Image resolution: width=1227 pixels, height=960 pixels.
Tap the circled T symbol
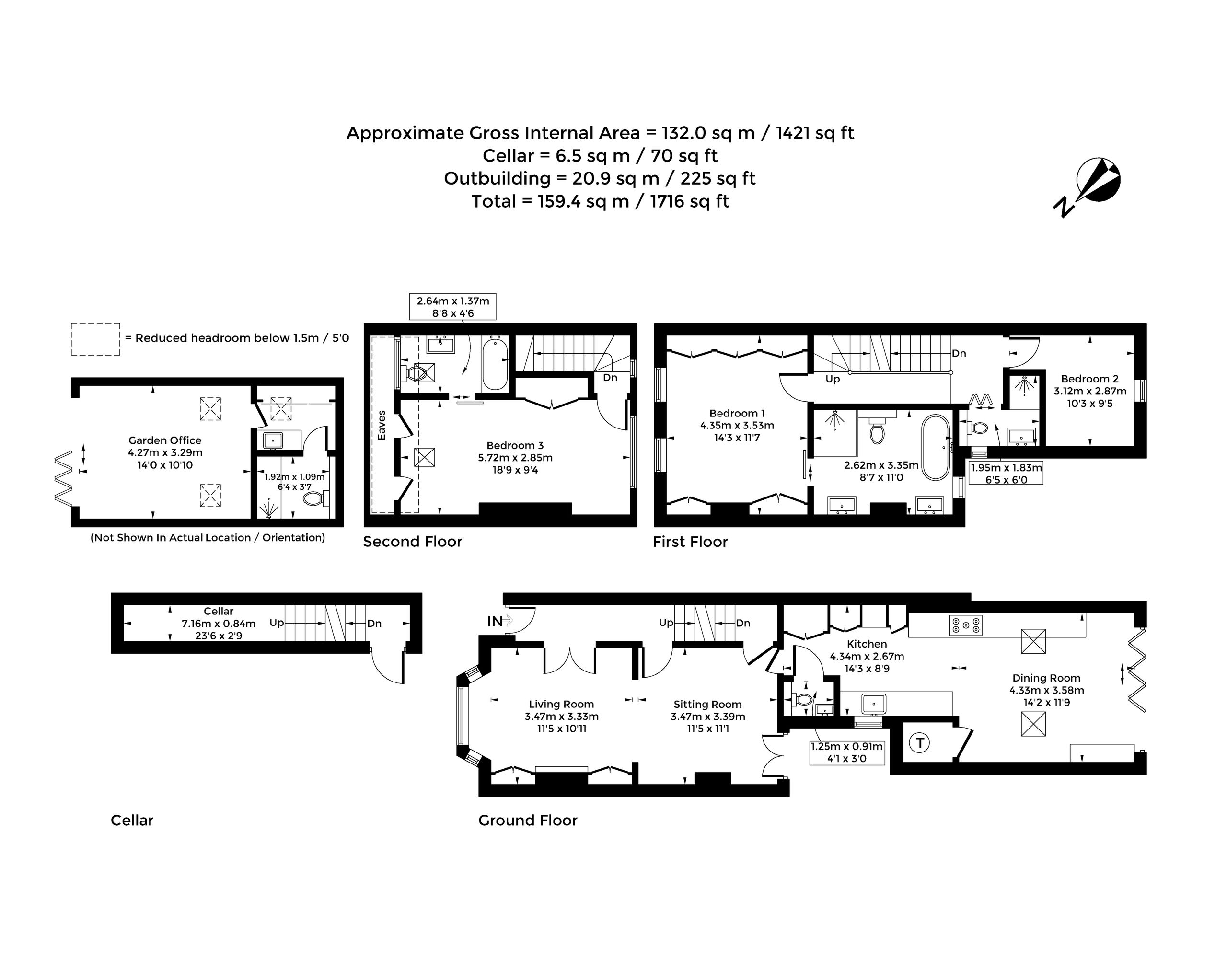pos(920,743)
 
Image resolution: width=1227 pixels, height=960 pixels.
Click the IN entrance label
pos(495,622)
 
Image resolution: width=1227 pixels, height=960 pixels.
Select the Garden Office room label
pos(165,440)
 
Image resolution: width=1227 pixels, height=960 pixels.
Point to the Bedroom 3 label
pos(515,446)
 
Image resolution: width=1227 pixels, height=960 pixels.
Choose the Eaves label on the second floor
pos(382,426)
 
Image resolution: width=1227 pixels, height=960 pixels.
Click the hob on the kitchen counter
pos(966,625)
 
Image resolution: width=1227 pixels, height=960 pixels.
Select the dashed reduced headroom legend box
pos(95,339)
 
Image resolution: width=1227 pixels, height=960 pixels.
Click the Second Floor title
pos(413,542)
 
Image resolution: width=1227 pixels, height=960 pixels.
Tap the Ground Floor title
pos(528,821)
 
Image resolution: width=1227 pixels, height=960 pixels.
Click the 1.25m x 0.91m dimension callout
pos(847,752)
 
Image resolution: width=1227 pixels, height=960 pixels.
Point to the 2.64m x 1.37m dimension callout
pos(453,307)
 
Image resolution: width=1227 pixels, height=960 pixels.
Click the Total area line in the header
pos(600,201)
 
